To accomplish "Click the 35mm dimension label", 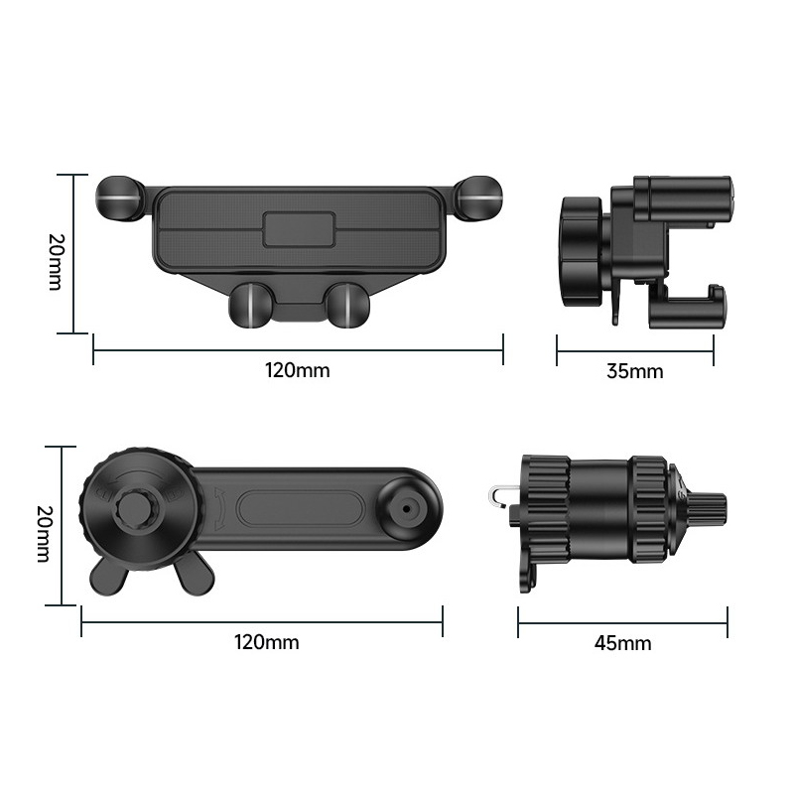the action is (635, 371).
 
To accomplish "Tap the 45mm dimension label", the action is (623, 643).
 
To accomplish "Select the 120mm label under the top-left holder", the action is (297, 370).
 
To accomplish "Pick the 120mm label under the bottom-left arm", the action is (267, 642).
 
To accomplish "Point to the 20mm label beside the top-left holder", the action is (56, 262).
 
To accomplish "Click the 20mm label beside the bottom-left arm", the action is (44, 534).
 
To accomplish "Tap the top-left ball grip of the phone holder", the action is (120, 198).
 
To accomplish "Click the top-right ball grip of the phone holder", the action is (478, 198).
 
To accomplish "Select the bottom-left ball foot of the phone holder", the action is (250, 306).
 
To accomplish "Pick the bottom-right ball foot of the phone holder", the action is (348, 306).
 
